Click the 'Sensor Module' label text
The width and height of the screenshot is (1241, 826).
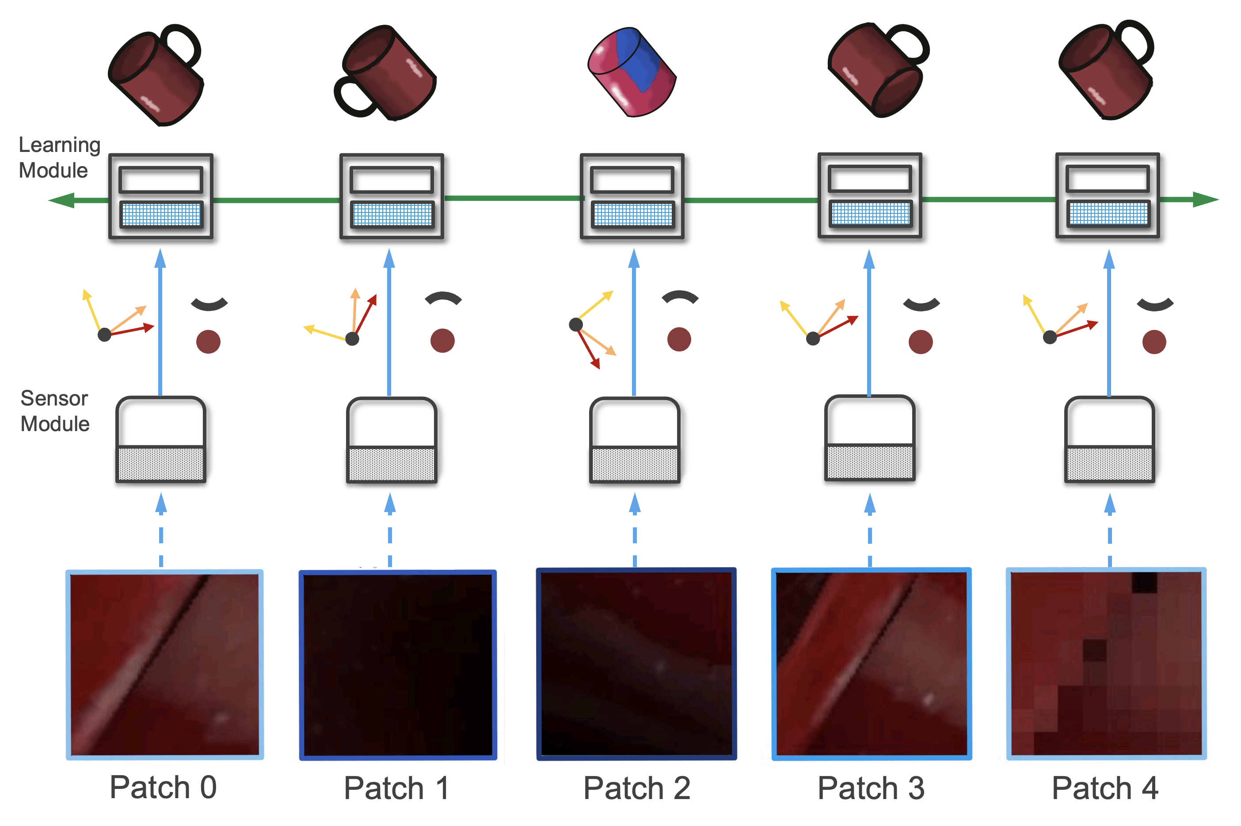pyautogui.click(x=54, y=411)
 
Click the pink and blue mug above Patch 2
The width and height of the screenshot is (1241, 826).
pyautogui.click(x=631, y=72)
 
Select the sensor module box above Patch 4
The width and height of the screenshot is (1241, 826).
pyautogui.click(x=1109, y=440)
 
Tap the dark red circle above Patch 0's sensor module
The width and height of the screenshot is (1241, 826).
pyautogui.click(x=208, y=341)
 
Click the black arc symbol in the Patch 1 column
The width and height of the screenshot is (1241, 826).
pyautogui.click(x=443, y=298)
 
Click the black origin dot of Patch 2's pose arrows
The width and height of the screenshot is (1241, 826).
pyautogui.click(x=575, y=325)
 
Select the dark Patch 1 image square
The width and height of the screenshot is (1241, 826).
pyautogui.click(x=398, y=664)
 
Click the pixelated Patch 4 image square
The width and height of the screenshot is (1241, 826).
pyautogui.click(x=1106, y=664)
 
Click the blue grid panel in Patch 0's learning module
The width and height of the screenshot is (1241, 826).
pyautogui.click(x=161, y=214)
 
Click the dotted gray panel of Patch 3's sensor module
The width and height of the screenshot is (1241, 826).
pyautogui.click(x=869, y=462)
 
